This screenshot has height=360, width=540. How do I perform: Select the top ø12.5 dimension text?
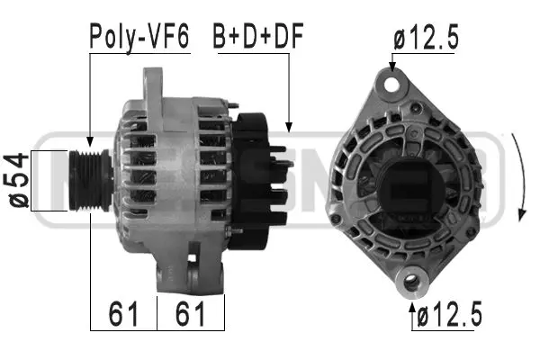click(x=426, y=37)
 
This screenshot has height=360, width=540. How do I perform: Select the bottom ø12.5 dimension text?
click(x=448, y=315)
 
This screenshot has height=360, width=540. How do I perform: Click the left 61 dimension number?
click(x=123, y=314)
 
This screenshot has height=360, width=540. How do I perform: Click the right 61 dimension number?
click(x=190, y=314)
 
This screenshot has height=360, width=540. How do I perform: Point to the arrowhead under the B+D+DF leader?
click(x=289, y=127)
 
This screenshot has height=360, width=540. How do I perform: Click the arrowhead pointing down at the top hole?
click(x=392, y=66)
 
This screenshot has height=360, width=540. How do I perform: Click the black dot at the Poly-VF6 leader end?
click(x=90, y=140)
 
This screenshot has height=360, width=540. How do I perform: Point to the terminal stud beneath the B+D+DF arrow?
click(x=286, y=148)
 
